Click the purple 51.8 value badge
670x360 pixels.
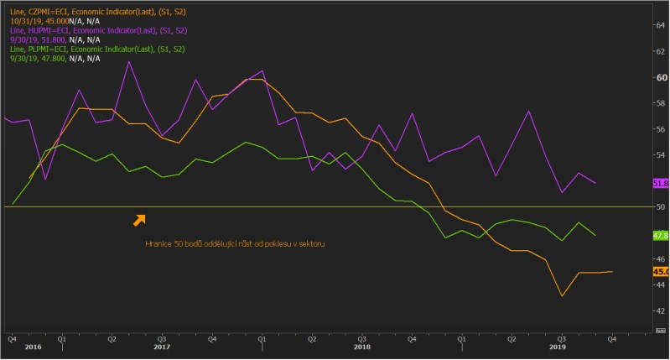tap(658, 182)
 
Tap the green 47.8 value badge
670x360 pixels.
tap(658, 236)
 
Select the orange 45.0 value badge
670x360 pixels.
tap(658, 272)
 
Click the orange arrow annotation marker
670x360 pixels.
tap(139, 220)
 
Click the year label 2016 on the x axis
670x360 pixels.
tap(33, 347)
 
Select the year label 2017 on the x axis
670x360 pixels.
tap(162, 347)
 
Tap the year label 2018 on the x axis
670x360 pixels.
tap(362, 347)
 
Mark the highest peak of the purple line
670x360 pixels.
tap(129, 61)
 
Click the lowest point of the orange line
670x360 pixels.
tap(561, 296)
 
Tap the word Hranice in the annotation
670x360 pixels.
tap(161, 244)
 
